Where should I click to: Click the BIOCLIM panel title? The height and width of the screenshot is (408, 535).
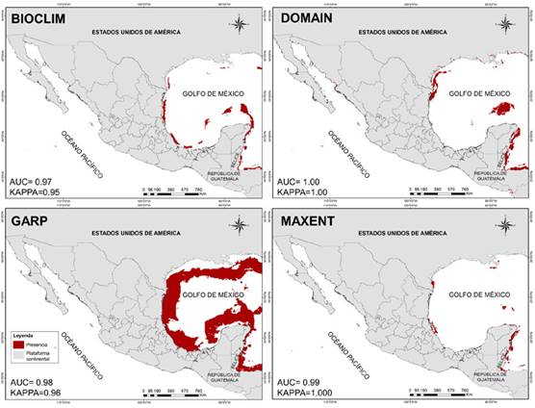pyautogui.click(x=38, y=17)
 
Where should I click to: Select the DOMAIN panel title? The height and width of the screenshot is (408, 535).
pyautogui.click(x=306, y=17)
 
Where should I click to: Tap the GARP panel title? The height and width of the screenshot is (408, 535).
pyautogui.click(x=31, y=221)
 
